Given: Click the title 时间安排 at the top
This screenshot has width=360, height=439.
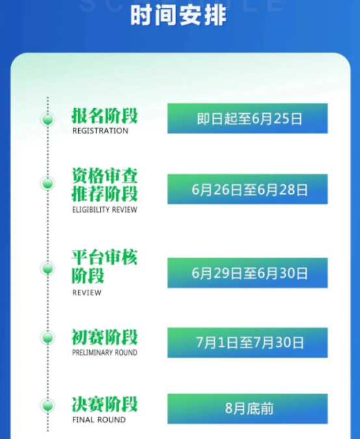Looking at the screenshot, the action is pos(178,16).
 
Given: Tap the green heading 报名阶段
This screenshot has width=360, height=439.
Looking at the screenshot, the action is pos(105,116).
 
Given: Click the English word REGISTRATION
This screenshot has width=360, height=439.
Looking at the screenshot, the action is pos(100,131).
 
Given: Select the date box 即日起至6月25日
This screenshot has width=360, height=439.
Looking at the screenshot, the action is pos(248,118).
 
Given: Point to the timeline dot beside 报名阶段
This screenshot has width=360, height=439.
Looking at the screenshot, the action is pos(47,120).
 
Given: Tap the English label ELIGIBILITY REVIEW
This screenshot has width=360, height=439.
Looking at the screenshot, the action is pos(105,209).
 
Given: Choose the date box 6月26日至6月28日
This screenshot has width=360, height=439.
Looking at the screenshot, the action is pos(248,189).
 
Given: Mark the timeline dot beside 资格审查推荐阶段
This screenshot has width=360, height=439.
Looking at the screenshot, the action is pos(47,183).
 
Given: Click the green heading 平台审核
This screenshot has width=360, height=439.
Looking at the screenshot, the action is pos(105,258).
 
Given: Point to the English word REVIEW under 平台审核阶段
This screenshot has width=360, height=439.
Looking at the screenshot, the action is pos(86,293).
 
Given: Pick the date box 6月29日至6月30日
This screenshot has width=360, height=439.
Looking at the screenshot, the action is pos(248,273).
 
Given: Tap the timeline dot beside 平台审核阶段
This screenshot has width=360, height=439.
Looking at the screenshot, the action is pos(47,269).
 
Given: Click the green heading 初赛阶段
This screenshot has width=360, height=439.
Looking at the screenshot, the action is pos(105,337).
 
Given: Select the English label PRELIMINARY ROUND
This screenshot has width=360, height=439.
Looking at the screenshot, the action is pos(105,353).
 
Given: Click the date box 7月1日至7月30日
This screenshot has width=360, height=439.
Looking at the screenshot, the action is pos(248,343).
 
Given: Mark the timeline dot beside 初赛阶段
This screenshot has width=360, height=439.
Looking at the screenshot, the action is pos(47,338).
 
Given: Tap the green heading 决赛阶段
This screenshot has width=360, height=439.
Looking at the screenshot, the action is pos(105,405).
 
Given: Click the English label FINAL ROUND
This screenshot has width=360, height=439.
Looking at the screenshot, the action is pos(99,419).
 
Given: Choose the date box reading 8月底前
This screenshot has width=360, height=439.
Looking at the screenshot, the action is pos(248,409).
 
